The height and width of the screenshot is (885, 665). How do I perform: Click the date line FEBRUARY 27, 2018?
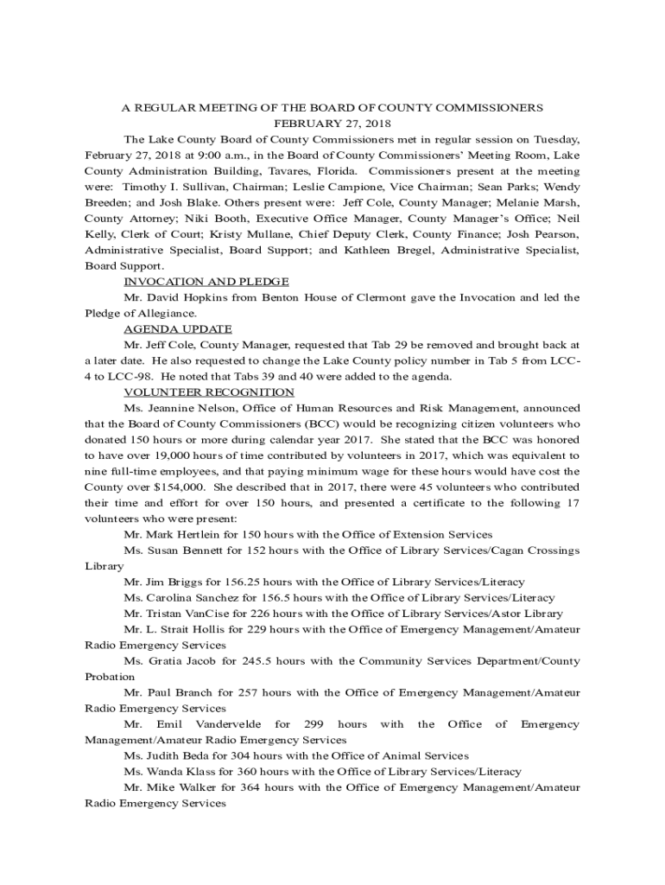332,124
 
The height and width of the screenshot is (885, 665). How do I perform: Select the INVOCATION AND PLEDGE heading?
206,282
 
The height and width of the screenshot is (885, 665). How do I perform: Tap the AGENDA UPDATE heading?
178,329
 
